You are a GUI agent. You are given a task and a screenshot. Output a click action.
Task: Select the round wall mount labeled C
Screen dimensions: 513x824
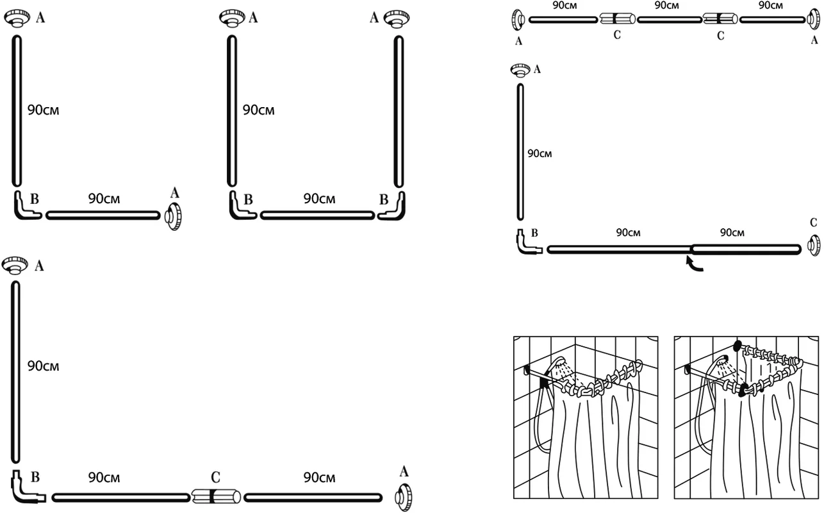[x=812, y=245]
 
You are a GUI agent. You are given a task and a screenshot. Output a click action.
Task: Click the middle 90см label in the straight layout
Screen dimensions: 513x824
[x=667, y=6]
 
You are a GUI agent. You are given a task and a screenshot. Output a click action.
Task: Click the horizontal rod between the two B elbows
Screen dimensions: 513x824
[x=317, y=215]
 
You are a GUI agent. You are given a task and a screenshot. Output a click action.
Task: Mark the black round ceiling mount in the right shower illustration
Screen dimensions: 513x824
[x=737, y=345]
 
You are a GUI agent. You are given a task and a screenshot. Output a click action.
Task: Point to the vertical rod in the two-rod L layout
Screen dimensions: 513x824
[x=17, y=110]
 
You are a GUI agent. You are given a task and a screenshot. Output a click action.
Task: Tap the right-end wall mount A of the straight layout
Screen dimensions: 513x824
[x=812, y=21]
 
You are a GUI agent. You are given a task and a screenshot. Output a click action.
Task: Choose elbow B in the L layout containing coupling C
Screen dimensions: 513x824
[x=26, y=489]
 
